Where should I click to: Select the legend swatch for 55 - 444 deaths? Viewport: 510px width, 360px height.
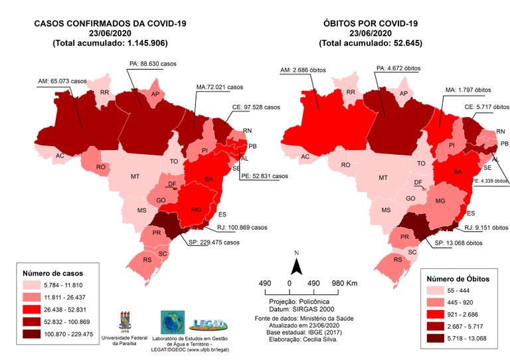[439, 292]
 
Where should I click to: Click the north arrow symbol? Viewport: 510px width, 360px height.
[298, 264]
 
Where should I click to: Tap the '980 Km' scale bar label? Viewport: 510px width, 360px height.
[345, 284]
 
